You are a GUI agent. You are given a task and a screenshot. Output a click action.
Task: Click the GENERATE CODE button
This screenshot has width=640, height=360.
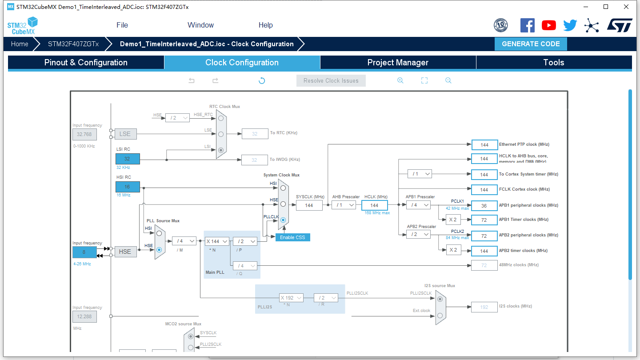[531, 44]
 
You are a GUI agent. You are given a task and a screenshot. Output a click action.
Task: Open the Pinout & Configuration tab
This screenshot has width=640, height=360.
[86, 62]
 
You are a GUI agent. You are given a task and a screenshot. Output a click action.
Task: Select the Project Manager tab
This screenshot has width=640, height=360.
[398, 62]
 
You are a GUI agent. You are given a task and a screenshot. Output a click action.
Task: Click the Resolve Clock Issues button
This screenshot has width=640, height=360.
[331, 80]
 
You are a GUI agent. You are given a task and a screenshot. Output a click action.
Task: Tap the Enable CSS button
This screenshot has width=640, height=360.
[292, 237]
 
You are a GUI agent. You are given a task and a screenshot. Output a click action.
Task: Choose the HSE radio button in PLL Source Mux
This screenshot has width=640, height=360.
[159, 250]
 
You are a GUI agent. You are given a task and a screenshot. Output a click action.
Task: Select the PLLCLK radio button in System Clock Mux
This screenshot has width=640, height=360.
[283, 220]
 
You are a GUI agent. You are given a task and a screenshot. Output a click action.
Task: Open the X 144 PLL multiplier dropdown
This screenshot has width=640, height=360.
[217, 241]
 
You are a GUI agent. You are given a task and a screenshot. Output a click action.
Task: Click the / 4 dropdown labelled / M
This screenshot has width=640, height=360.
[184, 241]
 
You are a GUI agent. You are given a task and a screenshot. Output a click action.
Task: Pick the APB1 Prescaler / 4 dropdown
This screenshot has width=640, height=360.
[418, 205]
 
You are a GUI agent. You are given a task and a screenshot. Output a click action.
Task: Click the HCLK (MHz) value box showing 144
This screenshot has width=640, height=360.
[375, 205]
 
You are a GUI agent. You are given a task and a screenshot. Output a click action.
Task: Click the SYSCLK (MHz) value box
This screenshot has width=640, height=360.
[309, 205]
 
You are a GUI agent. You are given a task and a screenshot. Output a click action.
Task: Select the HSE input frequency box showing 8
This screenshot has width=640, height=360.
[84, 252]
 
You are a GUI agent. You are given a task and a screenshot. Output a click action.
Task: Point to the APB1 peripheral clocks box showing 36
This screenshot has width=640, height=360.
[484, 206]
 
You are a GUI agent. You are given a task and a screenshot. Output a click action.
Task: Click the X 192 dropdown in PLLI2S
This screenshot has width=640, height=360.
[291, 298]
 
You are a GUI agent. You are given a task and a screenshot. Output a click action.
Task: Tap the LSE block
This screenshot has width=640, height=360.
[125, 134]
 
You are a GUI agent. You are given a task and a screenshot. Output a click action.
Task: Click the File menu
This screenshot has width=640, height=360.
[122, 25]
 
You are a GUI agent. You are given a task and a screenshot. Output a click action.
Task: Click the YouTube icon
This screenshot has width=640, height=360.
[549, 25]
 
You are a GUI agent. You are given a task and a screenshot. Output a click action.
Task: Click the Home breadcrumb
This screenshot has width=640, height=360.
[20, 44]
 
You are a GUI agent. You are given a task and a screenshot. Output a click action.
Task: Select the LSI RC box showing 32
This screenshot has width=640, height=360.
[128, 159]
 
